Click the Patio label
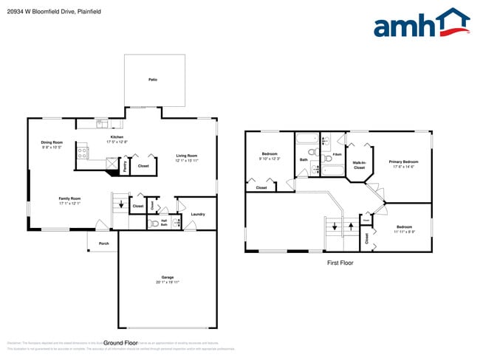(153, 79)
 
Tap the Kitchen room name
(117, 136)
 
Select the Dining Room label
(52, 142)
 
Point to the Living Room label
(186, 155)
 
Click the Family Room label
(70, 198)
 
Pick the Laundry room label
(197, 214)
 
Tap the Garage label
(168, 277)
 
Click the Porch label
(104, 243)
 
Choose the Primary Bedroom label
(404, 161)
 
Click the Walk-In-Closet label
(359, 165)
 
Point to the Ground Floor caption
(121, 343)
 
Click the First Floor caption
(340, 263)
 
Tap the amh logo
(422, 24)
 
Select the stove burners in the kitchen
(83, 153)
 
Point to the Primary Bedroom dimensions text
(404, 166)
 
